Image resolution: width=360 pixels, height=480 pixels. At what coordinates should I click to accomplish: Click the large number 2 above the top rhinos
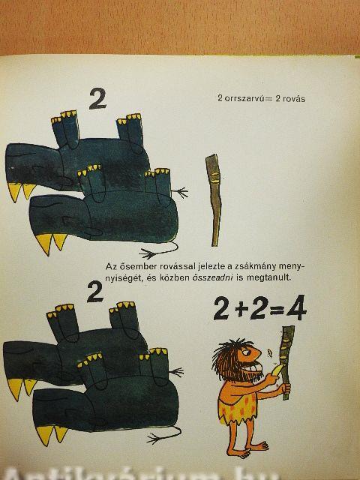click(x=97, y=98)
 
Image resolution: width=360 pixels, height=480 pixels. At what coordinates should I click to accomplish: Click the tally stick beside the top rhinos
click(x=214, y=200)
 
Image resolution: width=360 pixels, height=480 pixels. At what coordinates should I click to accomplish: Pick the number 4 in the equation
click(x=296, y=307)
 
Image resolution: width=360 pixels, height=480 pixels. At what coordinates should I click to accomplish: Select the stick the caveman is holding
click(x=286, y=362)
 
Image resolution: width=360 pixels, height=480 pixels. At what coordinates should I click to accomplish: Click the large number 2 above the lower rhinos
click(x=95, y=292)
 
